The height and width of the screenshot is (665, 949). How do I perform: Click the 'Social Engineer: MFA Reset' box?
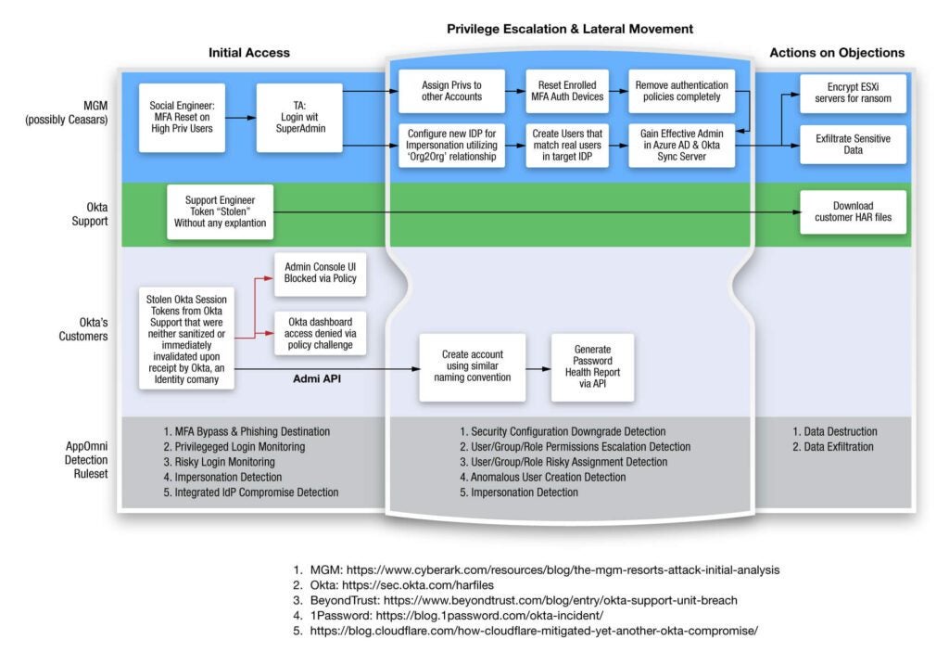tap(182, 119)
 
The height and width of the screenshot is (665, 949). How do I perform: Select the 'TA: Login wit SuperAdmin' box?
tap(297, 119)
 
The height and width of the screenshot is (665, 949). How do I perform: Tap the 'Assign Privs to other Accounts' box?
tap(451, 91)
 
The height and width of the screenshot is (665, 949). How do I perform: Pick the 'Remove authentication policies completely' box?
tap(682, 91)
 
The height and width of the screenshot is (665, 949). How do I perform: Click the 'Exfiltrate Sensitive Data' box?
tap(853, 143)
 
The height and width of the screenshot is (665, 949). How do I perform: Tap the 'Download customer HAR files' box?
tap(853, 212)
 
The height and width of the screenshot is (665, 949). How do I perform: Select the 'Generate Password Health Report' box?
tap(592, 366)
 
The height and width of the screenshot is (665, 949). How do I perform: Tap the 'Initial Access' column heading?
tap(248, 53)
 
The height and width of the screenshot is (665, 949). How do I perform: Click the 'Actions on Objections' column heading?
tap(837, 53)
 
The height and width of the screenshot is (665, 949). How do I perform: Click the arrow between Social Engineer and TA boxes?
tap(239, 119)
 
